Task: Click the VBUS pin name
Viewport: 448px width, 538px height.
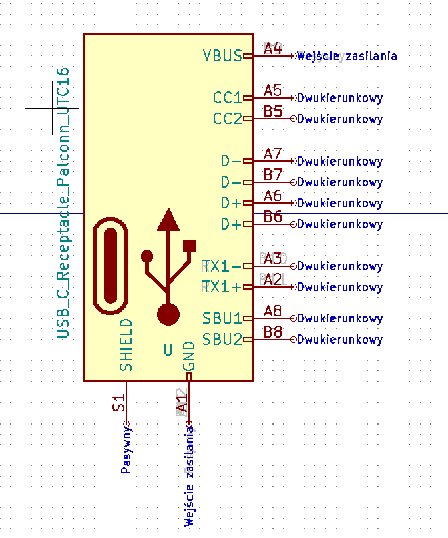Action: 222,55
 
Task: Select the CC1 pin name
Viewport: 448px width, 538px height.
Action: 227,98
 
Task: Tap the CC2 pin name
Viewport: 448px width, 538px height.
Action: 227,119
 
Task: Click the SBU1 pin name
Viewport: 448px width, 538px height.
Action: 222,318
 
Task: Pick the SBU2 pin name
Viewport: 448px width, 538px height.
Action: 222,339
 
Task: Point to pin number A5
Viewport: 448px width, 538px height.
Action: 272,90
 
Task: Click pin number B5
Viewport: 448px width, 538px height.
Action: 272,111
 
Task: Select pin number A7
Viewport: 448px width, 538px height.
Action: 272,154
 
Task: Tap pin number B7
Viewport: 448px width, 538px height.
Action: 272,174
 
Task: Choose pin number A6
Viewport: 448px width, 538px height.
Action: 272,195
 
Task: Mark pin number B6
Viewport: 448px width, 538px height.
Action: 272,216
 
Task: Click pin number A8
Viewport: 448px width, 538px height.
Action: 272,310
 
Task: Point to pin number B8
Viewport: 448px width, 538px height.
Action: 272,331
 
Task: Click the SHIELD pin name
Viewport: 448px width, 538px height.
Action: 126,344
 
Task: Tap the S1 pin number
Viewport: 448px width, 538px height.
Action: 119,403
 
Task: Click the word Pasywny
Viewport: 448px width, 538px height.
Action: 126,451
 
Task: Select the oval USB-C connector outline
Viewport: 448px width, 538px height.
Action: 110,266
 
